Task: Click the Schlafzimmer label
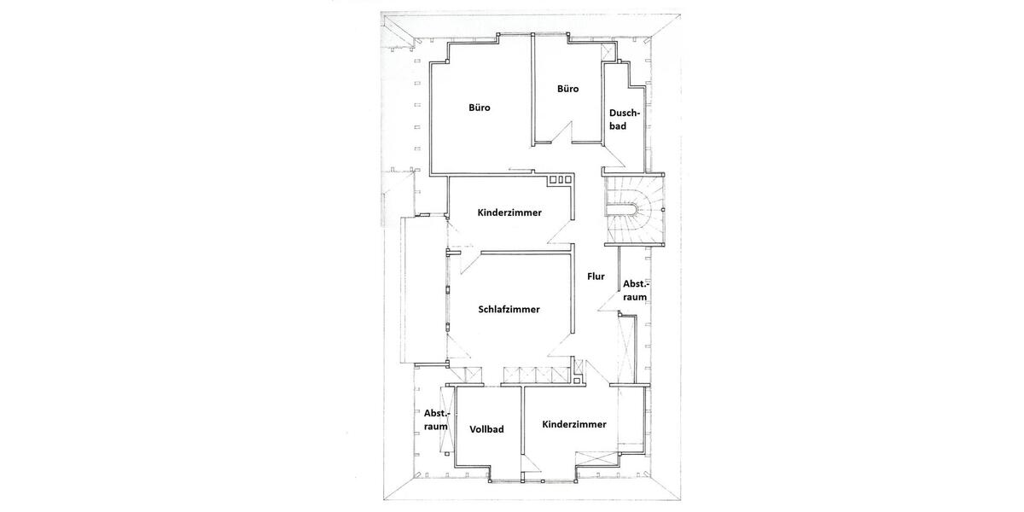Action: click(509, 310)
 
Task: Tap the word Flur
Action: click(596, 276)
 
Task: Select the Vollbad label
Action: click(486, 429)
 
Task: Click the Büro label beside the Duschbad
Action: click(568, 89)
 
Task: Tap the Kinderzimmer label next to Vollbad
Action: click(574, 424)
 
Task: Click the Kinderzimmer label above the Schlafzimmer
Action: click(509, 212)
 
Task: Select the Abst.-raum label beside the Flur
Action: click(635, 290)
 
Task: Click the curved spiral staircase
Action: click(636, 210)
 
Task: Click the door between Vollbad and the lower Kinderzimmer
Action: click(529, 461)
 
